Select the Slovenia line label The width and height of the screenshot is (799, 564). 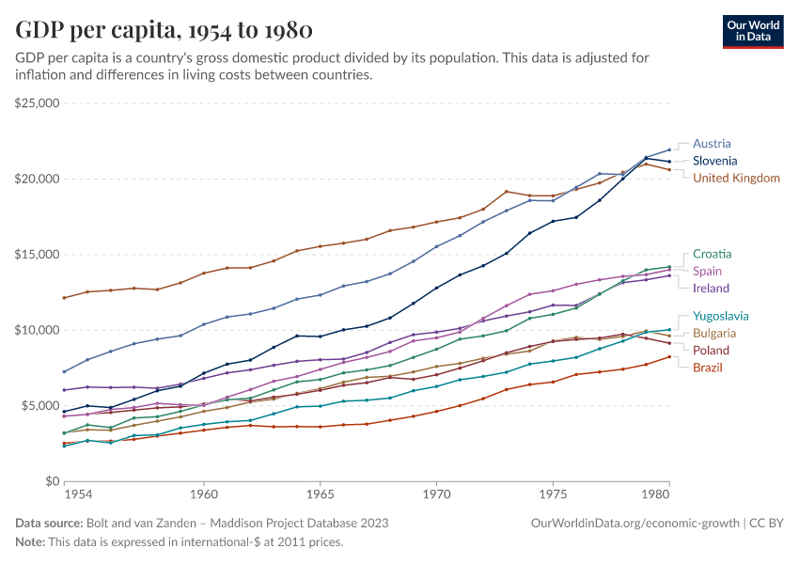click(714, 161)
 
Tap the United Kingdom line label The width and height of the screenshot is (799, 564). click(736, 178)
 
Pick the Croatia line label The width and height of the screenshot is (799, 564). click(712, 254)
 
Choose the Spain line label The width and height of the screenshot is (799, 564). click(708, 271)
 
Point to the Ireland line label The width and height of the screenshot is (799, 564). click(711, 288)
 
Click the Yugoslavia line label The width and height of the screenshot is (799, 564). click(721, 316)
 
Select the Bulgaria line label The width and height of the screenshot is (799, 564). click(714, 333)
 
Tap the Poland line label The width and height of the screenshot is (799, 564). click(711, 350)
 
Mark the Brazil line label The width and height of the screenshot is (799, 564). click(708, 367)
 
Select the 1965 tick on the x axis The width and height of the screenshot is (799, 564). click(320, 493)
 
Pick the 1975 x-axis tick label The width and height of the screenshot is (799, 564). click(553, 493)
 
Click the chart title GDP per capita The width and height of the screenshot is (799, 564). click(164, 30)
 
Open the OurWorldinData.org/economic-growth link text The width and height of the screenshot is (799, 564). click(635, 523)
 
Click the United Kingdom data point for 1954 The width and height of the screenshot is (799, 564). click(64, 298)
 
